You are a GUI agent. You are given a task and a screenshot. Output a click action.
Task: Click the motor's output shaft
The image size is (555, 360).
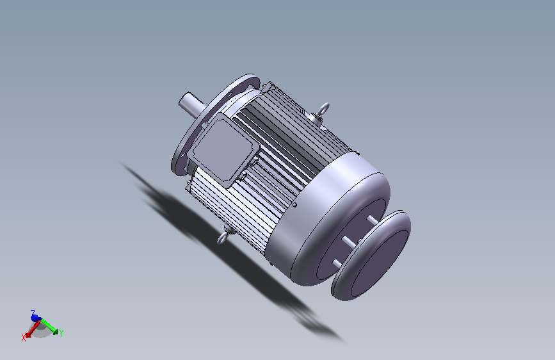191,104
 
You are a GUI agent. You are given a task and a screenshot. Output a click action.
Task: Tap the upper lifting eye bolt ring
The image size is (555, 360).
323,109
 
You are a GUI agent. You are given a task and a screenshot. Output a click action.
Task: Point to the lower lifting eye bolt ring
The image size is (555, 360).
221,238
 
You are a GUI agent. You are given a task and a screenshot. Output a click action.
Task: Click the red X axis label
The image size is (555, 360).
24,338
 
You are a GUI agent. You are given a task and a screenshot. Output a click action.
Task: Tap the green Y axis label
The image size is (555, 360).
61,333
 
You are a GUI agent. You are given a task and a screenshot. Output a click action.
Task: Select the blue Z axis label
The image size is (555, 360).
33,313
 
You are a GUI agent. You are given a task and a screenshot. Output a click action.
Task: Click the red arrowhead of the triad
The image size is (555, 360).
28,334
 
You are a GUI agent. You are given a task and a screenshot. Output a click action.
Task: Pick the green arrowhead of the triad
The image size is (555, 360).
55,331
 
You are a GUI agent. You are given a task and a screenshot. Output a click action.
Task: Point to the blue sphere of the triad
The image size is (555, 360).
35,318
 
